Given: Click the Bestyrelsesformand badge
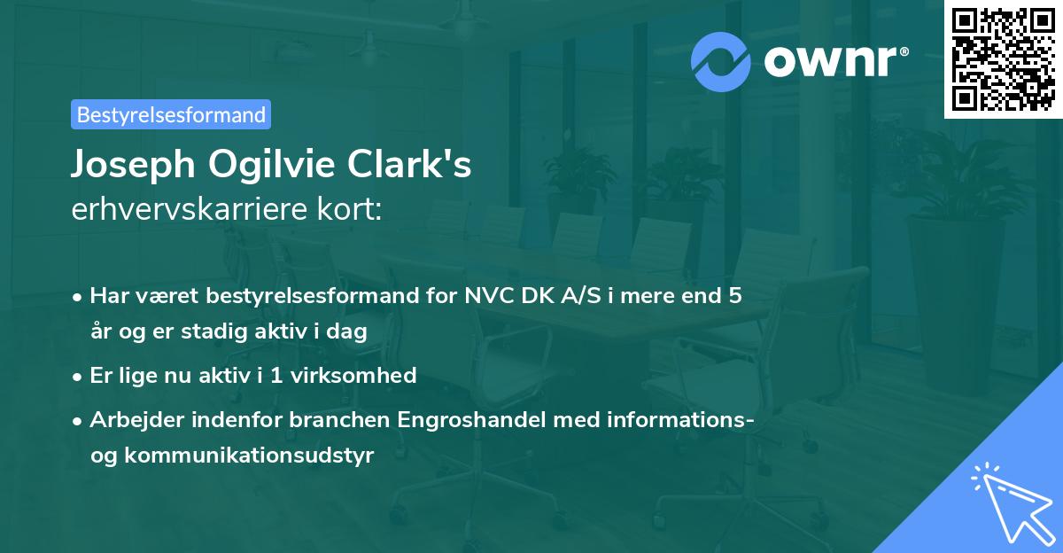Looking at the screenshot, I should [171, 114].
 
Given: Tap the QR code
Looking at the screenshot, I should [1001, 58].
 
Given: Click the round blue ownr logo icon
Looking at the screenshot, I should [721, 60].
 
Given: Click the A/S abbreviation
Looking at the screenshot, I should [574, 295].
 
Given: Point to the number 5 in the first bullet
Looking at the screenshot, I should [734, 295].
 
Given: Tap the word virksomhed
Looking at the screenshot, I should [363, 375].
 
